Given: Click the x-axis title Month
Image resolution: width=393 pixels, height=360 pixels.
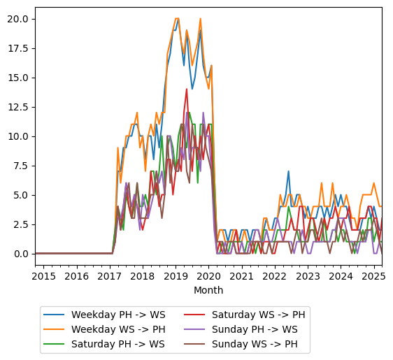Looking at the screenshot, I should click(208, 290).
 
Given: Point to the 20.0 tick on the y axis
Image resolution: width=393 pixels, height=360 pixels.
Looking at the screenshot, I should click(18, 19).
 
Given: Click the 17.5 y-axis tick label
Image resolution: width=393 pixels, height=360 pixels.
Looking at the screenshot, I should click(18, 48).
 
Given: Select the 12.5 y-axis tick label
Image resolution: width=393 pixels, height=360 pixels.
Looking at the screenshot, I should click(18, 107).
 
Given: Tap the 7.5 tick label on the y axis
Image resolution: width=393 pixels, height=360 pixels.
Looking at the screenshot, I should click(21, 166).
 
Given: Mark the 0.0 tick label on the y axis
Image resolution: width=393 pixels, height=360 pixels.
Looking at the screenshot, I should click(21, 254).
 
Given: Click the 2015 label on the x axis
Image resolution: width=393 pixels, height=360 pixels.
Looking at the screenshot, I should click(43, 276).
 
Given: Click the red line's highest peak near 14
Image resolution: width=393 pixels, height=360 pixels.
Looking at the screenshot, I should click(187, 89).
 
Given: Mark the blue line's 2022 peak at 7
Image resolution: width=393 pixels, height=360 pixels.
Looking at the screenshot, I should click(288, 171).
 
